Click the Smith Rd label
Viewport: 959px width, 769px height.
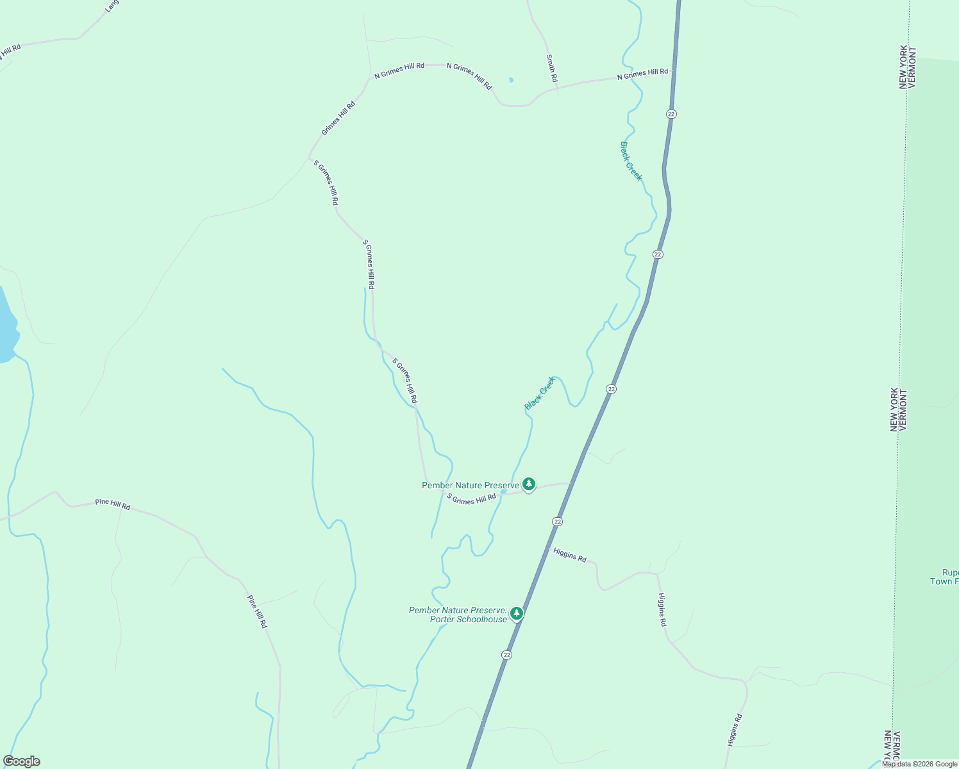coord(551,68)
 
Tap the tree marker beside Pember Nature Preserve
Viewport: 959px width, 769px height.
coord(528,484)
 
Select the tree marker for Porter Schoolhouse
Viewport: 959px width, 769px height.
coord(517,614)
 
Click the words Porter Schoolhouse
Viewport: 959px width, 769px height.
coord(468,619)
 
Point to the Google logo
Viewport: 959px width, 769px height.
coord(21,761)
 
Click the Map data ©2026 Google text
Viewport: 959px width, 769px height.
coord(919,764)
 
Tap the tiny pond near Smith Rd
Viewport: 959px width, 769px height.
coord(511,80)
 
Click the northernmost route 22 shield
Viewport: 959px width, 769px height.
coord(671,113)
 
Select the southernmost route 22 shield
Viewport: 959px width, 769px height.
coord(507,655)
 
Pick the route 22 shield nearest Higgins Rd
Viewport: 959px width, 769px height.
coord(558,522)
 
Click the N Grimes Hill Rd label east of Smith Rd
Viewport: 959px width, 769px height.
coord(642,74)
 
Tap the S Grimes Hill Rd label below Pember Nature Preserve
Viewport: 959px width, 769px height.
coord(471,499)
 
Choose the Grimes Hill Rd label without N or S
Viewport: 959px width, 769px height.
coord(338,118)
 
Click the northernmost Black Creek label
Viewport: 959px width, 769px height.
coord(631,161)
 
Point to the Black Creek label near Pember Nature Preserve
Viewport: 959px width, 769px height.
coord(540,393)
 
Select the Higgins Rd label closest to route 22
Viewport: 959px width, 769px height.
coord(569,555)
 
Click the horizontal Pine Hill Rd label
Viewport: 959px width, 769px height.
coord(112,504)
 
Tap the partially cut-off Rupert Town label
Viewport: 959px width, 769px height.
coord(945,577)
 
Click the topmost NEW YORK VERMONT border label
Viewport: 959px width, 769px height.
coord(908,67)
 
